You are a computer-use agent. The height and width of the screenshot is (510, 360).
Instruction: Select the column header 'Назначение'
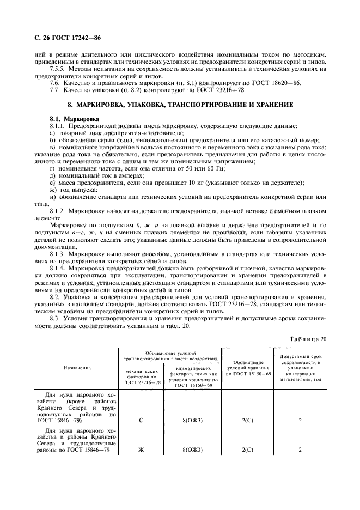pos(77,368)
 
